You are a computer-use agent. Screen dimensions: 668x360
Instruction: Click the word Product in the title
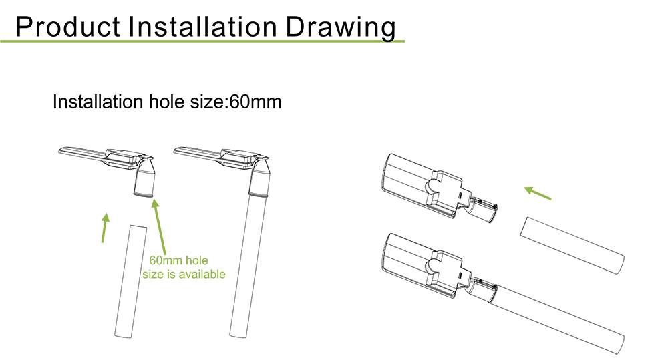[67, 27]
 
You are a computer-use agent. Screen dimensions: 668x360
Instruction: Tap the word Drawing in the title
[341, 28]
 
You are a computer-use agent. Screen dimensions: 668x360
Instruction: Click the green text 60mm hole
[178, 260]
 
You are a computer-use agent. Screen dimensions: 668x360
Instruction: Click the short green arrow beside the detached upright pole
[104, 228]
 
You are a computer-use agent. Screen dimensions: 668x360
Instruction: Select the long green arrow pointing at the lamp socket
[160, 227]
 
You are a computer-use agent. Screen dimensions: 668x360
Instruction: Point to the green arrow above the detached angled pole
[538, 192]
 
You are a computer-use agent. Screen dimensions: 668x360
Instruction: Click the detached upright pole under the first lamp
[131, 282]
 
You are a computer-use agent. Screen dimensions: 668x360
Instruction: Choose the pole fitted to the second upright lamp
[249, 263]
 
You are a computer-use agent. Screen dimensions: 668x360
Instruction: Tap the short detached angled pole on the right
[572, 245]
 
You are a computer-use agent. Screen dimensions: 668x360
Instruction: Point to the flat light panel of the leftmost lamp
[81, 152]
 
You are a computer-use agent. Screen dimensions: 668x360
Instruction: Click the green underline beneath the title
[202, 41]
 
